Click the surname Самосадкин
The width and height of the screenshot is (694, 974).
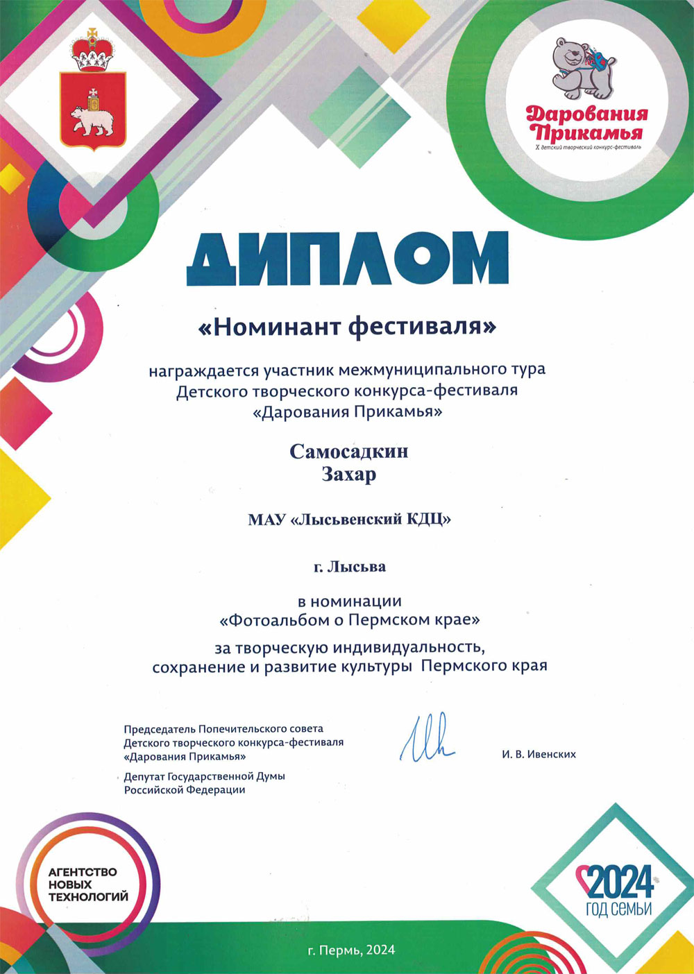[349, 452]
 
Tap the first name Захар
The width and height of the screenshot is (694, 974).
[348, 475]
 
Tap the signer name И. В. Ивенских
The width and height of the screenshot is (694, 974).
[539, 754]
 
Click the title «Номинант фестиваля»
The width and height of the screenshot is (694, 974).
[348, 326]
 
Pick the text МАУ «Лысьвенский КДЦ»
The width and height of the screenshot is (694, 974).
[349, 519]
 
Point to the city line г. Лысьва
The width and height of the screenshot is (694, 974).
[349, 567]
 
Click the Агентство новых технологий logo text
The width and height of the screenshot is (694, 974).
[88, 885]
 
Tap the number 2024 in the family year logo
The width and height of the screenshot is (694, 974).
[619, 883]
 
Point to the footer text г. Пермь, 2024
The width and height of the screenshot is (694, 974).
[351, 950]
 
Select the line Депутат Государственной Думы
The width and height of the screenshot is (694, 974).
[204, 776]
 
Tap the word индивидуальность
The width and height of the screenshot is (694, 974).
[407, 648]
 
